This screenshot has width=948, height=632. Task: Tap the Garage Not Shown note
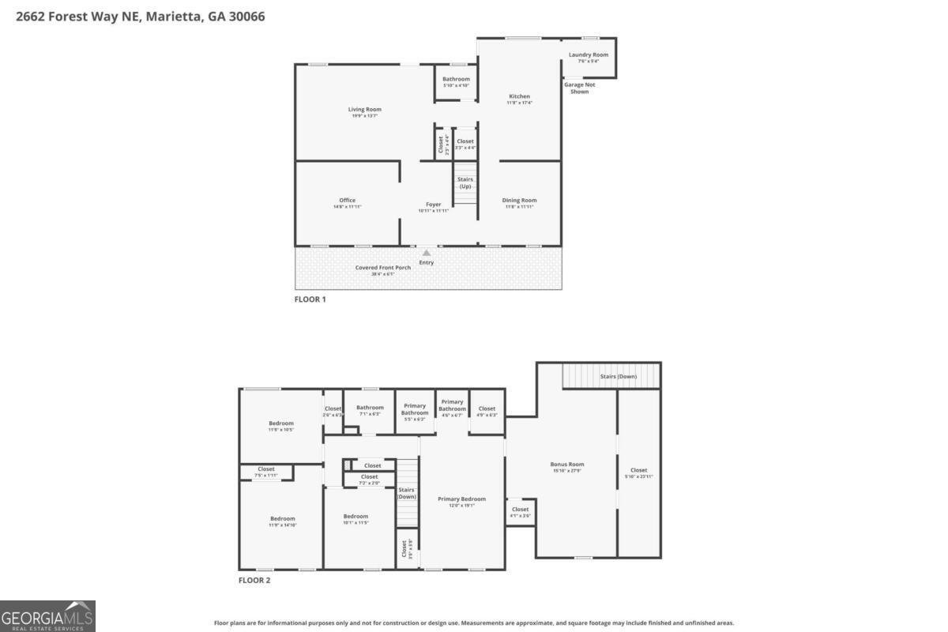click(579, 88)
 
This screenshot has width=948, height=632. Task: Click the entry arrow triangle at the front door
click(427, 253)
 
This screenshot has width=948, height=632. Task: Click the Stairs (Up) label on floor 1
click(465, 182)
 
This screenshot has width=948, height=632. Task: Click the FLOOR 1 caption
click(310, 299)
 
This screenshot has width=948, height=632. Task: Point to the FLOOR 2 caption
click(254, 580)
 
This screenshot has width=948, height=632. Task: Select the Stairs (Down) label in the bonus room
click(619, 376)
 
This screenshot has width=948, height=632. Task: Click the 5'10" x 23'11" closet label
click(638, 473)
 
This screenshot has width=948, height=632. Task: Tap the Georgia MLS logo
click(47, 615)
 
